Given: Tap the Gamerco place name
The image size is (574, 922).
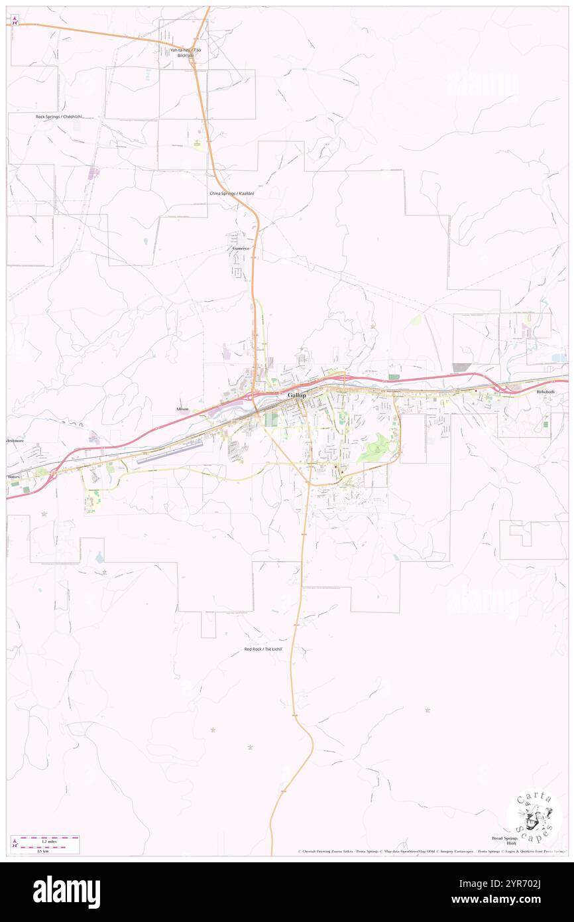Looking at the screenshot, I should pyautogui.click(x=240, y=248).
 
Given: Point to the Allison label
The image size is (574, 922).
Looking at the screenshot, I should pyautogui.click(x=182, y=409).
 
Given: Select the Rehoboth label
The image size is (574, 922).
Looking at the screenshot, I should pyautogui.click(x=547, y=392).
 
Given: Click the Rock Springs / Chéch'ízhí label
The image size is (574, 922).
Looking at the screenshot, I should pyautogui.click(x=59, y=117).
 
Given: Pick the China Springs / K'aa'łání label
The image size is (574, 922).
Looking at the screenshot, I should pyautogui.click(x=232, y=193).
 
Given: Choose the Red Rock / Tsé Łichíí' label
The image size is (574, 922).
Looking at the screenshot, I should pyautogui.click(x=263, y=649).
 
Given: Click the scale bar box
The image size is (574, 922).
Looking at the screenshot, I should pyautogui.click(x=45, y=844).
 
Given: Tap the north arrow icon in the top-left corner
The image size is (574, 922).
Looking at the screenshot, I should pyautogui.click(x=15, y=21).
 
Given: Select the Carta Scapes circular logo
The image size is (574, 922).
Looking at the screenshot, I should pyautogui.click(x=534, y=817).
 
